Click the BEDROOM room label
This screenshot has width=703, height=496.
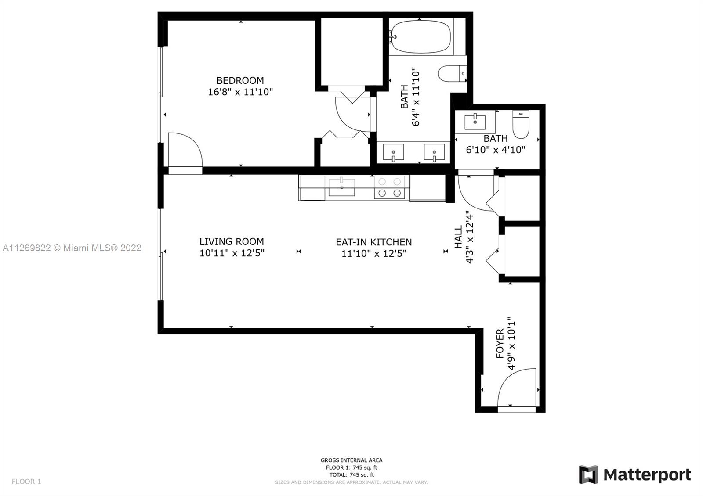(x=240, y=81)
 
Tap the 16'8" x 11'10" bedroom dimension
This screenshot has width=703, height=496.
(x=240, y=92)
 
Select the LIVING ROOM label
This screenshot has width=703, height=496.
(x=232, y=241)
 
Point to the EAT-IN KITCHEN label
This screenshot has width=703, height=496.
(x=374, y=242)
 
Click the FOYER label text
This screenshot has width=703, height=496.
(x=500, y=343)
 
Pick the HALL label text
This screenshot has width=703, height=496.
(x=459, y=237)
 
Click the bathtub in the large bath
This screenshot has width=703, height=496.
(x=420, y=37)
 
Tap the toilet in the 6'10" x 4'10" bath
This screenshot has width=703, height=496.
(x=521, y=124)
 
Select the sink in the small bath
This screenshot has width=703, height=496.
(x=475, y=122)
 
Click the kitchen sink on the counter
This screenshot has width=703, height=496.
(x=342, y=187)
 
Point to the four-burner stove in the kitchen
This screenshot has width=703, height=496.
(x=389, y=187)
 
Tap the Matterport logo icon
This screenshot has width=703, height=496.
(x=588, y=474)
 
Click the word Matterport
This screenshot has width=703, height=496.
(x=647, y=475)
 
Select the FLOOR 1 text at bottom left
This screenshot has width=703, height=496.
(x=26, y=481)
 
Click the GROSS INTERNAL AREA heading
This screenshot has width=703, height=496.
(x=351, y=460)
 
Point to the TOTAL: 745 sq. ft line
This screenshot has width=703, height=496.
(x=351, y=474)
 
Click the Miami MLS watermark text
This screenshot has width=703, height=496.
(x=72, y=248)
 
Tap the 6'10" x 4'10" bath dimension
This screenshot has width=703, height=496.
(x=496, y=150)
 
